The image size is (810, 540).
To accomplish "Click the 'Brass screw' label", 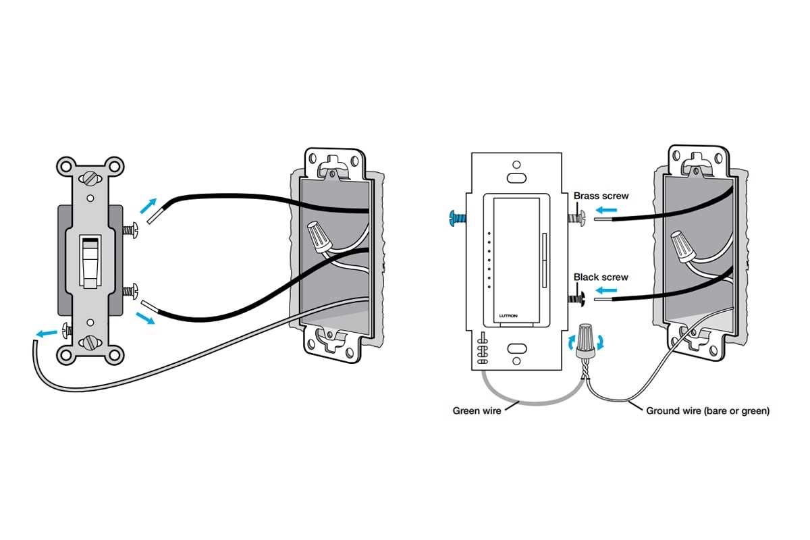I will [601, 196].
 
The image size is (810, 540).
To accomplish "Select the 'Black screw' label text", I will [601, 277].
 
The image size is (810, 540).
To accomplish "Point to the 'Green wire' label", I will [477, 410].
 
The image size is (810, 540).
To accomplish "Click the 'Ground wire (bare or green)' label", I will [707, 410].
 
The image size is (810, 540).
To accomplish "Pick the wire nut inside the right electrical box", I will [683, 247].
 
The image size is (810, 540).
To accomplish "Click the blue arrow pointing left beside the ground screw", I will [47, 333].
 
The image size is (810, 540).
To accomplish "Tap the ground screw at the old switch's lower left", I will [66, 330].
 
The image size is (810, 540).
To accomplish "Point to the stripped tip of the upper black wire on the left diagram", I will [154, 215].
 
